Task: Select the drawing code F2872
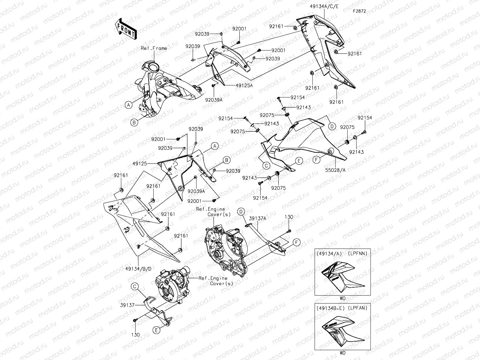coord(360,11)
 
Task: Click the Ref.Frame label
coord(154,48)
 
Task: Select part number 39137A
coord(257,218)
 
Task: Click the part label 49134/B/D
coord(139,269)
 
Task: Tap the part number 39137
coord(128,305)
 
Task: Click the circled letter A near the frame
coord(128,105)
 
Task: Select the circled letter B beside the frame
coord(134,122)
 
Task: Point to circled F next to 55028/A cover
coord(317,160)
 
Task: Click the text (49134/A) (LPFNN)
coord(342,253)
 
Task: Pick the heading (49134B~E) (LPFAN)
coord(342,308)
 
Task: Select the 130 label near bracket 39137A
coord(289,217)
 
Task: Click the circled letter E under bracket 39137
coord(156,330)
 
